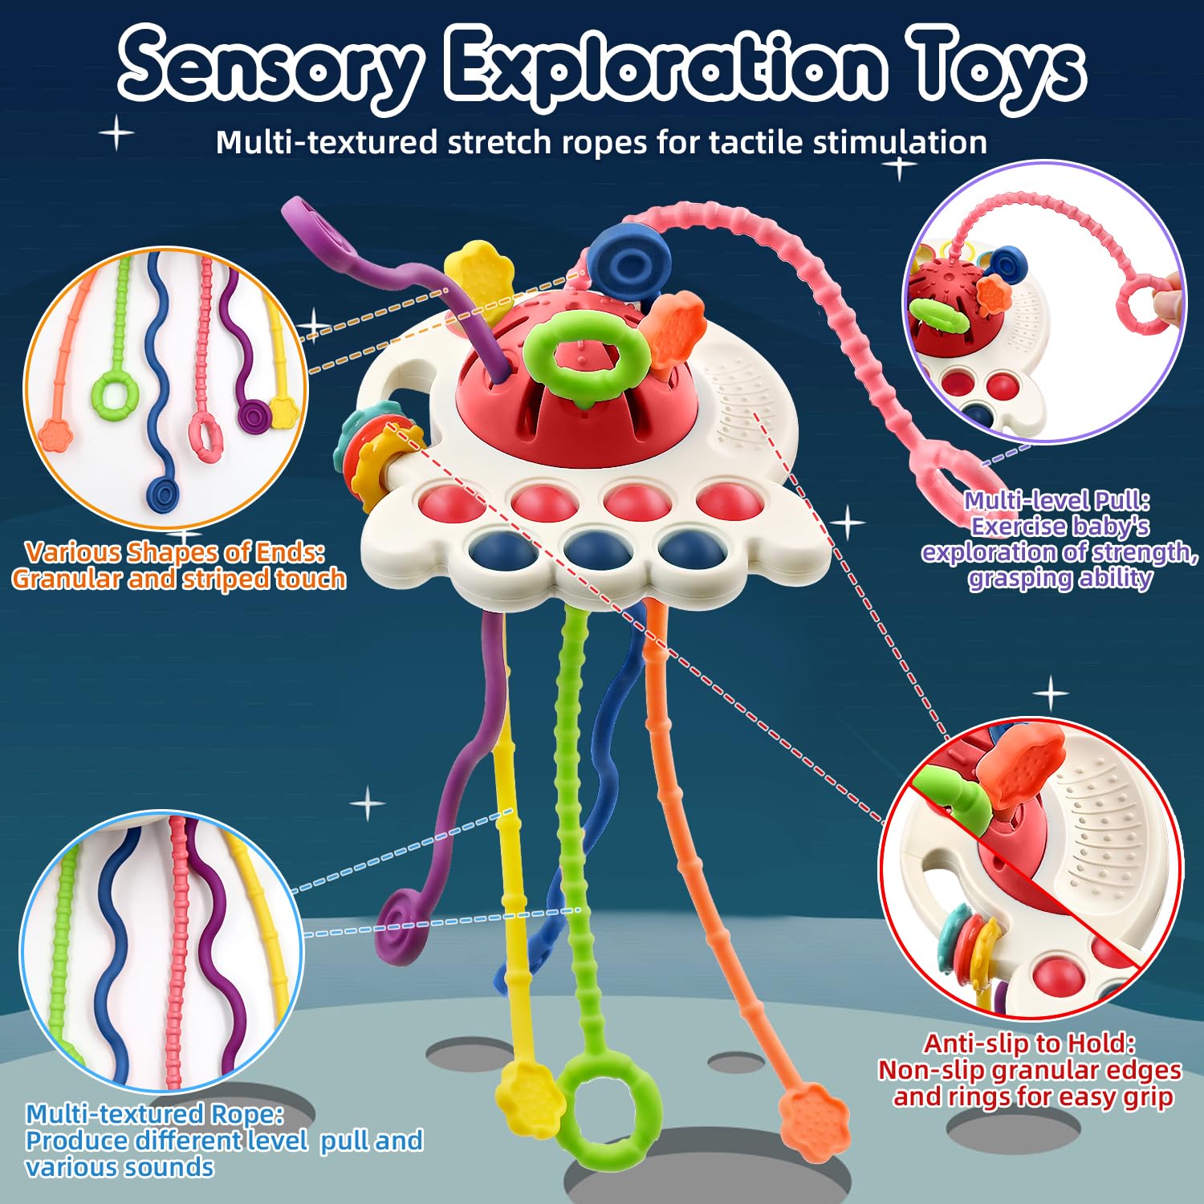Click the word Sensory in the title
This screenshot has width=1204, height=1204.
coord(269,68)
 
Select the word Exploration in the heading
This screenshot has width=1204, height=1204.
coord(666,68)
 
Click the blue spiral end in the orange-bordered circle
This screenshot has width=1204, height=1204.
coord(164,494)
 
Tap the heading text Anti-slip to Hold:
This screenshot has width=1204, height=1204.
coord(1029,1043)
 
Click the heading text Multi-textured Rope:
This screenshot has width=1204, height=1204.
coord(154,1113)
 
